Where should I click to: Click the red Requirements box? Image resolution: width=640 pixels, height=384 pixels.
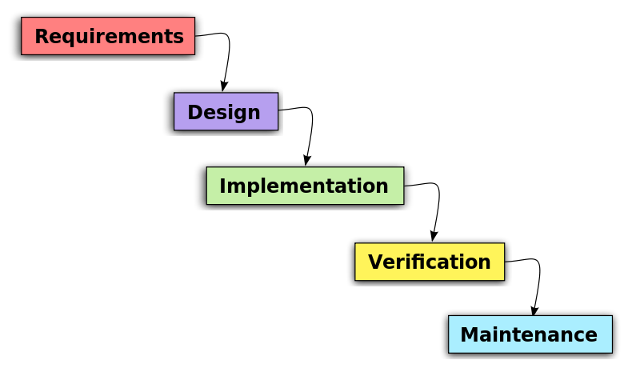point(108,36)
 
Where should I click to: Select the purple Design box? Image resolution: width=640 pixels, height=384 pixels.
point(226,111)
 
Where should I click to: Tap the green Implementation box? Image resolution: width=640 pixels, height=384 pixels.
point(305,186)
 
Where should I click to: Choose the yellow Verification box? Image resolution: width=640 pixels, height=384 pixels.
point(430,262)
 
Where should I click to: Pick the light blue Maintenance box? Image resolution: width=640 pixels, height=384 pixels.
point(530,334)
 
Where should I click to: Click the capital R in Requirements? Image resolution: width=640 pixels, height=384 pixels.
point(42,37)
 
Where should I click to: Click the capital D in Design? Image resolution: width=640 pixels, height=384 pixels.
point(195,113)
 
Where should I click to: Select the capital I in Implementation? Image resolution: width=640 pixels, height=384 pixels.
point(224,186)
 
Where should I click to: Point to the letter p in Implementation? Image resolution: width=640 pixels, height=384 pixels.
point(249,189)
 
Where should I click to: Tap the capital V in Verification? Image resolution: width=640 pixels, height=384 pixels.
point(376,262)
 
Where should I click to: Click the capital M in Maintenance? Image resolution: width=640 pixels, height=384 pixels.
point(470,335)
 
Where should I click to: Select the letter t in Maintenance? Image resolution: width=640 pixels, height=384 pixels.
point(521,335)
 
